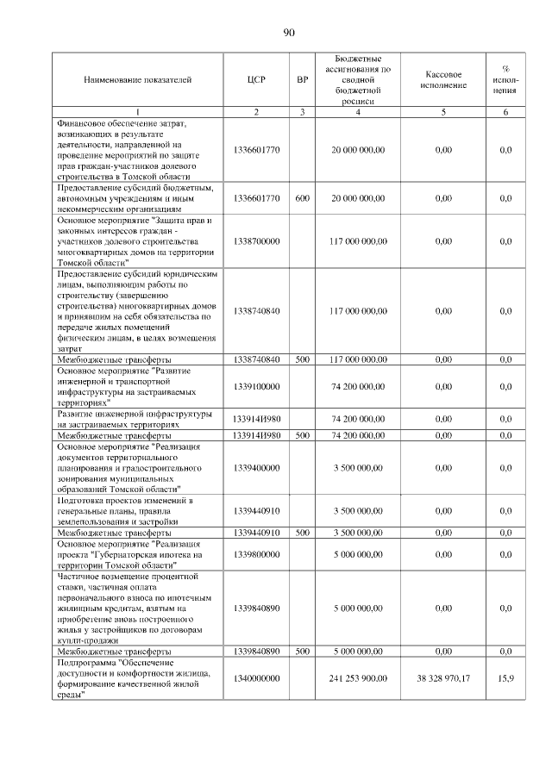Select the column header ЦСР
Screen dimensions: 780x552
(x=255, y=80)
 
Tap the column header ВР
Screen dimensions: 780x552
(x=302, y=80)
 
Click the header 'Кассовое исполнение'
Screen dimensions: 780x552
(x=443, y=80)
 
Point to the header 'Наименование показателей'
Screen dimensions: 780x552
(x=137, y=80)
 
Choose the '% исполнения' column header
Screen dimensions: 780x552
(x=505, y=80)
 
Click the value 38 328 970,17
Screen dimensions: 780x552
(x=443, y=678)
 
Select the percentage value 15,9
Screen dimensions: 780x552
(x=505, y=678)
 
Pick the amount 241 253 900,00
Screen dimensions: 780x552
(x=358, y=678)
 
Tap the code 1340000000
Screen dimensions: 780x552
(x=255, y=678)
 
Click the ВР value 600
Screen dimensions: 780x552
(x=302, y=198)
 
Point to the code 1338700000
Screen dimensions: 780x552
(x=255, y=241)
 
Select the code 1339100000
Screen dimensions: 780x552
(x=255, y=386)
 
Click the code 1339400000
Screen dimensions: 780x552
(x=255, y=467)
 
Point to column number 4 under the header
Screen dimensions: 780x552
(x=358, y=112)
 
